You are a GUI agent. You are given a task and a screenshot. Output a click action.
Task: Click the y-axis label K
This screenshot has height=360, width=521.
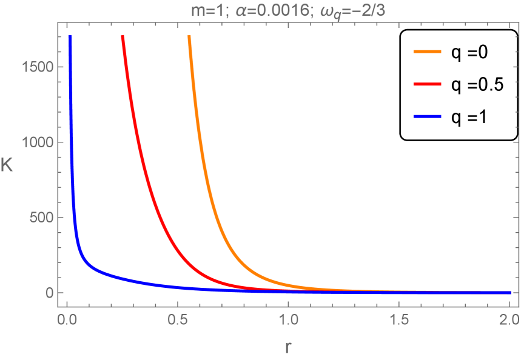8,165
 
